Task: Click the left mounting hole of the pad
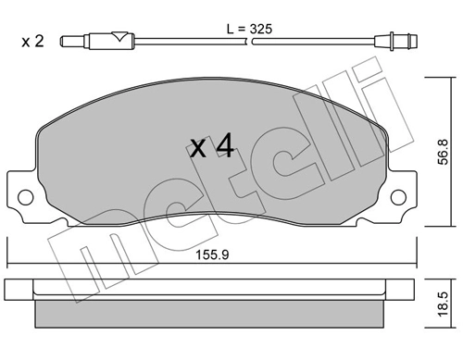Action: [27, 196]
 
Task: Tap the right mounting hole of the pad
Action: [398, 196]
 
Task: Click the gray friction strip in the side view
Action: [211, 314]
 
